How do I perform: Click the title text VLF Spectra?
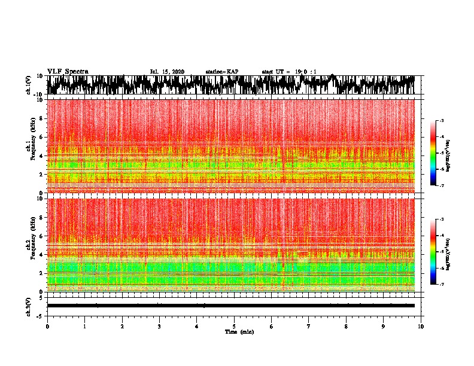68,71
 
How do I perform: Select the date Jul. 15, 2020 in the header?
167,72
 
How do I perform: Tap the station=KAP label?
221,72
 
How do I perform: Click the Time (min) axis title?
239,331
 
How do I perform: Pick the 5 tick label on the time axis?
235,326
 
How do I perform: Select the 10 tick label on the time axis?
421,326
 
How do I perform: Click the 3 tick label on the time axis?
160,326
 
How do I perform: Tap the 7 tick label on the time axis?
309,326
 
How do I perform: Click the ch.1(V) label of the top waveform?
28,85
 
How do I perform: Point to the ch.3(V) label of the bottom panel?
28,306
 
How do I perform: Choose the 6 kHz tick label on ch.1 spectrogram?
40,137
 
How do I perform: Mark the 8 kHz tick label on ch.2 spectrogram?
40,217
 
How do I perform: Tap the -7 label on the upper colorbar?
440,186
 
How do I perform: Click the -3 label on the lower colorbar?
440,220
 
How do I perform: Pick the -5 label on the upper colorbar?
440,154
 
